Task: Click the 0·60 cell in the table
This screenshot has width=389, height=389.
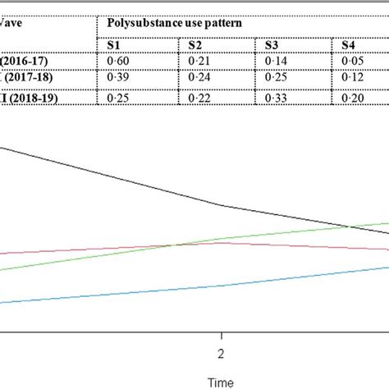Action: pos(117,60)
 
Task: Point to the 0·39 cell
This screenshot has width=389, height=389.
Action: pos(117,78)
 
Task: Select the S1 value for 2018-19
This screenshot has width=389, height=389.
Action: pos(117,96)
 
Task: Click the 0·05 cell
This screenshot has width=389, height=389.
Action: pos(353,60)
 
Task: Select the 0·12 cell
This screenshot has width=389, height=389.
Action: pos(353,78)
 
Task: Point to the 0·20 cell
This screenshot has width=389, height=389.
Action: pos(353,96)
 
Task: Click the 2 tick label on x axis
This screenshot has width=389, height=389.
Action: pos(221,354)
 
